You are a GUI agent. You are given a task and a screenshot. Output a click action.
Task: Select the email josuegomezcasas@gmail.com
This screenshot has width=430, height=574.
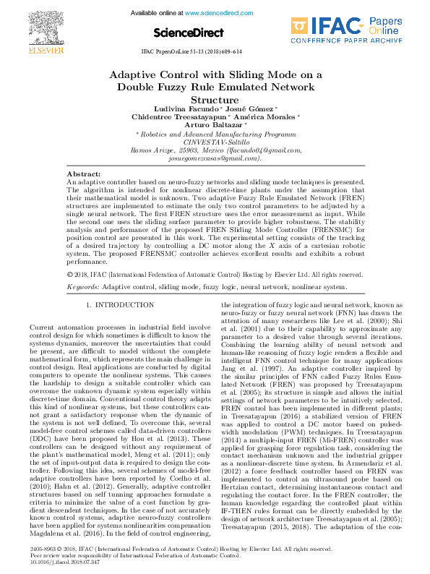pyautogui.click(x=215, y=158)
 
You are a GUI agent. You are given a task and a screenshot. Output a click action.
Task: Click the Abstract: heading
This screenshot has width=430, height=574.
pyautogui.click(x=83, y=175)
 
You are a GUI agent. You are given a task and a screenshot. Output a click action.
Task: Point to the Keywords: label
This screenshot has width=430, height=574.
pyautogui.click(x=82, y=287)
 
